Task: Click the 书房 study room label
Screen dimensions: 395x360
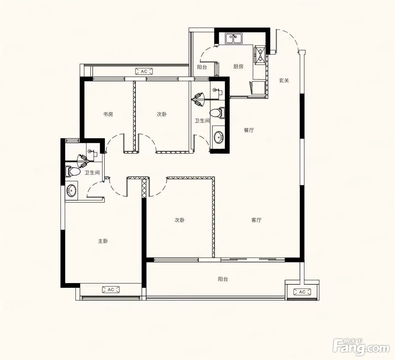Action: (108, 114)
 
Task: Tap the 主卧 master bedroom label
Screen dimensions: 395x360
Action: (103, 241)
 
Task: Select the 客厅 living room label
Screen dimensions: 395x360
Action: (256, 220)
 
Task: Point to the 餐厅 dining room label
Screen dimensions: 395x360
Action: (249, 130)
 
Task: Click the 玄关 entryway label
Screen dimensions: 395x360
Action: (284, 80)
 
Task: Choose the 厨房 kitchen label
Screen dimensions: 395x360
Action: (238, 67)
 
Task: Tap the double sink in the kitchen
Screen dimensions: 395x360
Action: (234, 38)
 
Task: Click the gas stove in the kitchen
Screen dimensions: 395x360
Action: (260, 55)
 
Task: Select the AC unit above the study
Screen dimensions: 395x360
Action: (144, 71)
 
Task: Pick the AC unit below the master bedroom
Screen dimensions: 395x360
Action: (111, 290)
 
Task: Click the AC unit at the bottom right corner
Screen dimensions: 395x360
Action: (302, 292)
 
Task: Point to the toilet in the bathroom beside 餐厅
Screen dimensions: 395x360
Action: (218, 113)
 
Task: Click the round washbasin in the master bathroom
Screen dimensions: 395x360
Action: (71, 191)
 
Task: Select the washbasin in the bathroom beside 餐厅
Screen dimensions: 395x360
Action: (219, 137)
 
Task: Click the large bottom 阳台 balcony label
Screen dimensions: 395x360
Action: (223, 279)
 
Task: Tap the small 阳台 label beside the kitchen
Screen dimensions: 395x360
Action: (202, 67)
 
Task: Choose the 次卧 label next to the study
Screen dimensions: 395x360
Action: (162, 114)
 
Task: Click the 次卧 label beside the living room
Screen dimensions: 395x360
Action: (179, 220)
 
